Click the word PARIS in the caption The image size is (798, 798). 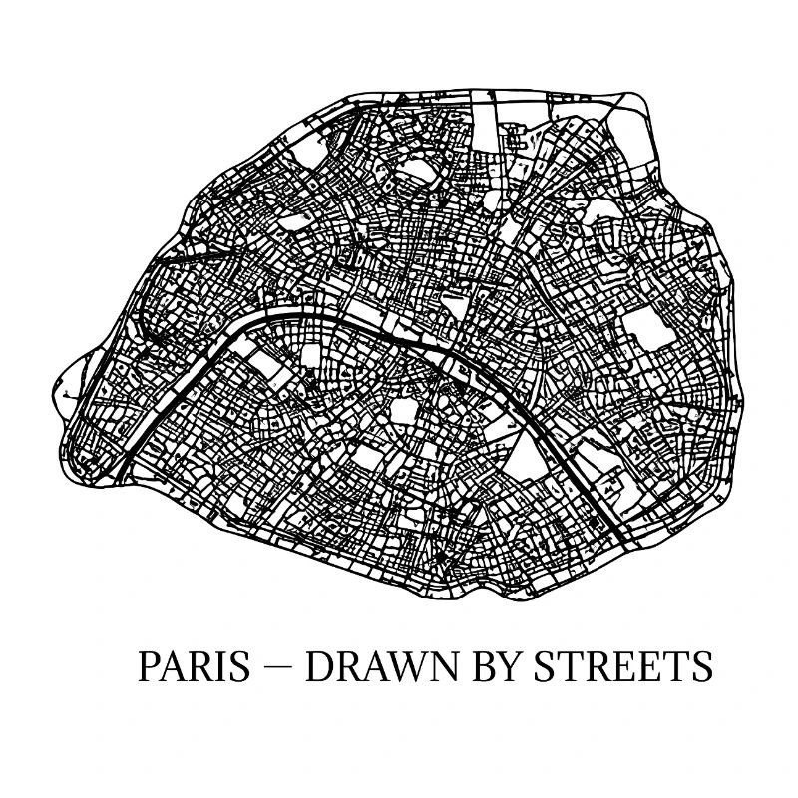194,666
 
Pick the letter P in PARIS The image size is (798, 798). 148,666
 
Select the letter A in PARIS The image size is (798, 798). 172,666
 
